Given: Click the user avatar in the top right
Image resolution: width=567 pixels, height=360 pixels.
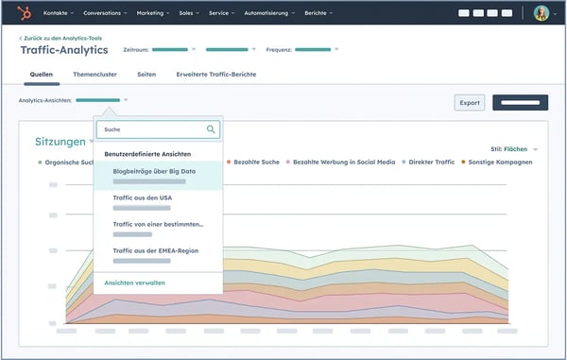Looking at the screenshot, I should (541, 13).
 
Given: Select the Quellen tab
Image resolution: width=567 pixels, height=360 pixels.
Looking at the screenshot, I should (42, 73).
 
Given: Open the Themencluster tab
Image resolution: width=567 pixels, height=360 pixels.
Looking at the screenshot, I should (95, 73).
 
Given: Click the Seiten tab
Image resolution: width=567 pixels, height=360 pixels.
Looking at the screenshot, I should (146, 73).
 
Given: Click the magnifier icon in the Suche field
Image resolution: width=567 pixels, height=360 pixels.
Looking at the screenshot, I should (211, 129).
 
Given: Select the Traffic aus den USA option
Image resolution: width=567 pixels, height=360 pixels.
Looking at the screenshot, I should (142, 197).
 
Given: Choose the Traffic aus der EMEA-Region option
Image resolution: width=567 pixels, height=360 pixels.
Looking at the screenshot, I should (155, 250).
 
